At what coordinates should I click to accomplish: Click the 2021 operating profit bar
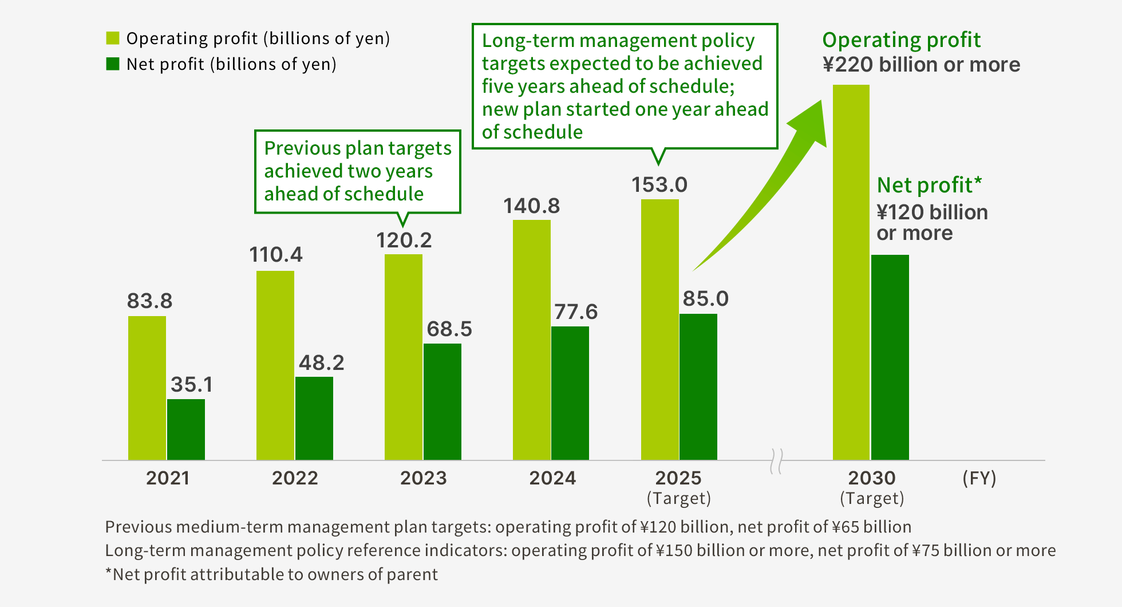click(x=147, y=388)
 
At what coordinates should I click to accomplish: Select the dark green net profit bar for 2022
click(x=314, y=418)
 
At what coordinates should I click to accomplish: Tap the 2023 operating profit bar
click(x=404, y=357)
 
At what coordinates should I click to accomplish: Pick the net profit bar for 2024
click(x=570, y=393)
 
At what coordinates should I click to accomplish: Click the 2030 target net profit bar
click(x=890, y=357)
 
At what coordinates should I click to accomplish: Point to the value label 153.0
click(x=659, y=185)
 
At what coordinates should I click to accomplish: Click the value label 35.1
click(x=192, y=384)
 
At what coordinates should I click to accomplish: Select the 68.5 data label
click(x=449, y=329)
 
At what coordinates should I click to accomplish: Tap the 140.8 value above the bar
click(x=531, y=206)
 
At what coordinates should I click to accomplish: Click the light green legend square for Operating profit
click(x=113, y=38)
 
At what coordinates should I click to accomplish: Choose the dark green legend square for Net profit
click(x=113, y=64)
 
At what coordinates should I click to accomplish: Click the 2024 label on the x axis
click(x=552, y=478)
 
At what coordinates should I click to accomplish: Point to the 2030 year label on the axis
click(x=872, y=478)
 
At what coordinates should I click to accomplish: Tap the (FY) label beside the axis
click(x=979, y=478)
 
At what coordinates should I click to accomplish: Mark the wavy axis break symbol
click(x=776, y=461)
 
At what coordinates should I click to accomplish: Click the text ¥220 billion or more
click(x=921, y=65)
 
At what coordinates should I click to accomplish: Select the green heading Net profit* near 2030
click(x=929, y=185)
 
